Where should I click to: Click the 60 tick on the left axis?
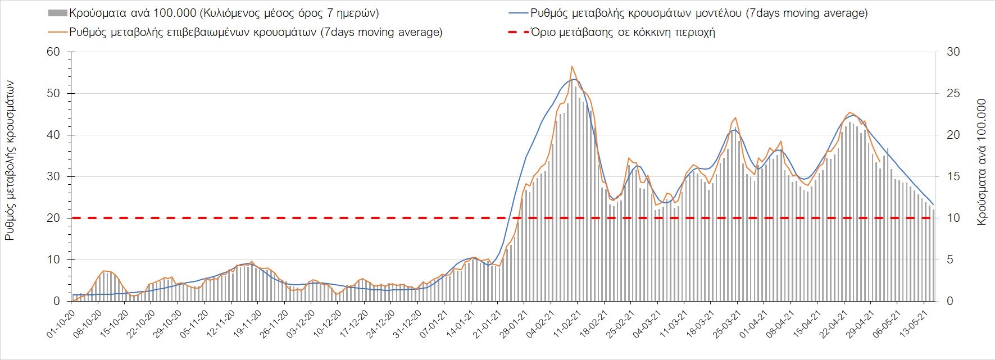pyautogui.click(x=53, y=52)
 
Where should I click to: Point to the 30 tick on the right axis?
pyautogui.click(x=954, y=52)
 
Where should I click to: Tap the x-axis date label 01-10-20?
pyautogui.click(x=61, y=323)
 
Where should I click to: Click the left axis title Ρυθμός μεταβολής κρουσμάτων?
pyautogui.click(x=10, y=161)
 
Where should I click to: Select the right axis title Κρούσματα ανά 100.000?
pyautogui.click(x=982, y=163)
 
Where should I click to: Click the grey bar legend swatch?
pyautogui.click(x=57, y=13)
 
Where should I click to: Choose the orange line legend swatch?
pyautogui.click(x=57, y=33)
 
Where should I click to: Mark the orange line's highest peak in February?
pyautogui.click(x=572, y=66)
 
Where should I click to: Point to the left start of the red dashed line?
pyautogui.click(x=72, y=218)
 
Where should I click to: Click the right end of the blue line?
pyautogui.click(x=933, y=204)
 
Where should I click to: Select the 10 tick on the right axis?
pyautogui.click(x=954, y=218)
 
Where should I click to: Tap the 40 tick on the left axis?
pyautogui.click(x=53, y=135)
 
